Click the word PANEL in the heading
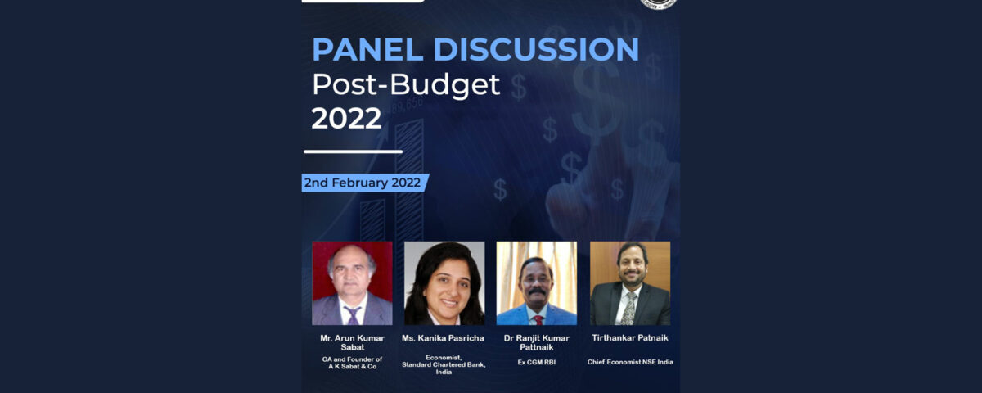pos(367,49)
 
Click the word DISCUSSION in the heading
pos(536,49)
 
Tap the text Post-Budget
pos(406,84)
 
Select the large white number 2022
pos(346,118)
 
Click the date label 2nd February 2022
pos(363,183)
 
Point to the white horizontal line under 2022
pos(353,151)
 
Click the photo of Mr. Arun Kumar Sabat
pos(352,283)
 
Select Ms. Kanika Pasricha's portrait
pos(444,283)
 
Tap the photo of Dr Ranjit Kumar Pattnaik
pos(537,283)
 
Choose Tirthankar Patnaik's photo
pos(630,283)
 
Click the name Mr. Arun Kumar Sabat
pos(352,342)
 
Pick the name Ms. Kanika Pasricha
pos(444,338)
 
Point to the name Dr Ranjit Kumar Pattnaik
pos(537,342)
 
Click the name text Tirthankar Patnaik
pos(630,337)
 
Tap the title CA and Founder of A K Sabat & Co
pos(352,363)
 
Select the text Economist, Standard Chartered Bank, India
pos(444,365)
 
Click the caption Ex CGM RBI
pos(537,362)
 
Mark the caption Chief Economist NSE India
pos(630,362)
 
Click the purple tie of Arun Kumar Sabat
pos(353,315)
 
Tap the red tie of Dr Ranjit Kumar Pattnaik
pos(538,320)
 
